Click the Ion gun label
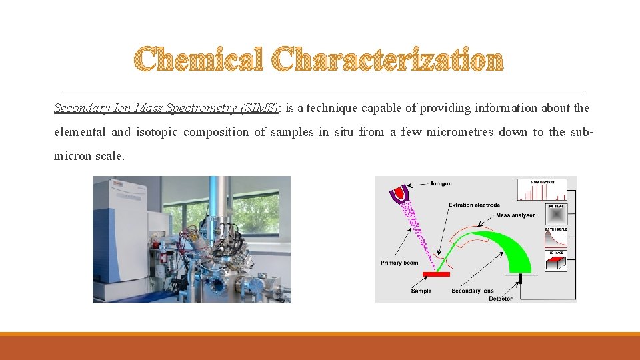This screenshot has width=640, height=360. coord(441,183)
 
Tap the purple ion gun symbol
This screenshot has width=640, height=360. coord(400,193)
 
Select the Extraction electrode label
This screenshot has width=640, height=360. coord(474,205)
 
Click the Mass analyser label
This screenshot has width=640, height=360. coord(515,215)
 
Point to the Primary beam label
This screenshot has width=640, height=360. coord(399,263)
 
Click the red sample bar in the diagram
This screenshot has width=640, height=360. coord(437,274)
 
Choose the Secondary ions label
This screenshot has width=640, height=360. coord(472,291)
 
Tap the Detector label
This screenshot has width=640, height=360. coord(501,298)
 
